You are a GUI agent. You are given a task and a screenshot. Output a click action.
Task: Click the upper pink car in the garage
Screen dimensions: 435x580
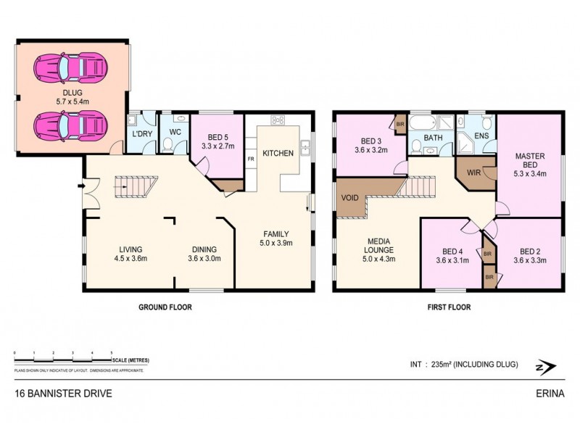[72, 67]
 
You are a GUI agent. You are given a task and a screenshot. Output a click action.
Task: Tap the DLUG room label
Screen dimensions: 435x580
[71, 92]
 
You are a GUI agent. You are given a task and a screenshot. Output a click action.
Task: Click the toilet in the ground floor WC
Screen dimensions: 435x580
[169, 146]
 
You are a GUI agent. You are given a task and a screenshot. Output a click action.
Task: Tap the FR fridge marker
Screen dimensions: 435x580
[251, 158]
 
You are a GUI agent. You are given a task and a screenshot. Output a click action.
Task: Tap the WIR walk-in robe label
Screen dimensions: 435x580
[473, 172]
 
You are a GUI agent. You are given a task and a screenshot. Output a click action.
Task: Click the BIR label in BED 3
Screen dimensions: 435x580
[399, 123]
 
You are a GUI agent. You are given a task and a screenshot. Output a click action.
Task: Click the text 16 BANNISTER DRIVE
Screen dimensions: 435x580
[63, 395]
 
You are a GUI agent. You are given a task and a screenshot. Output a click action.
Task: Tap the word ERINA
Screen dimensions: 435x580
[549, 395]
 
